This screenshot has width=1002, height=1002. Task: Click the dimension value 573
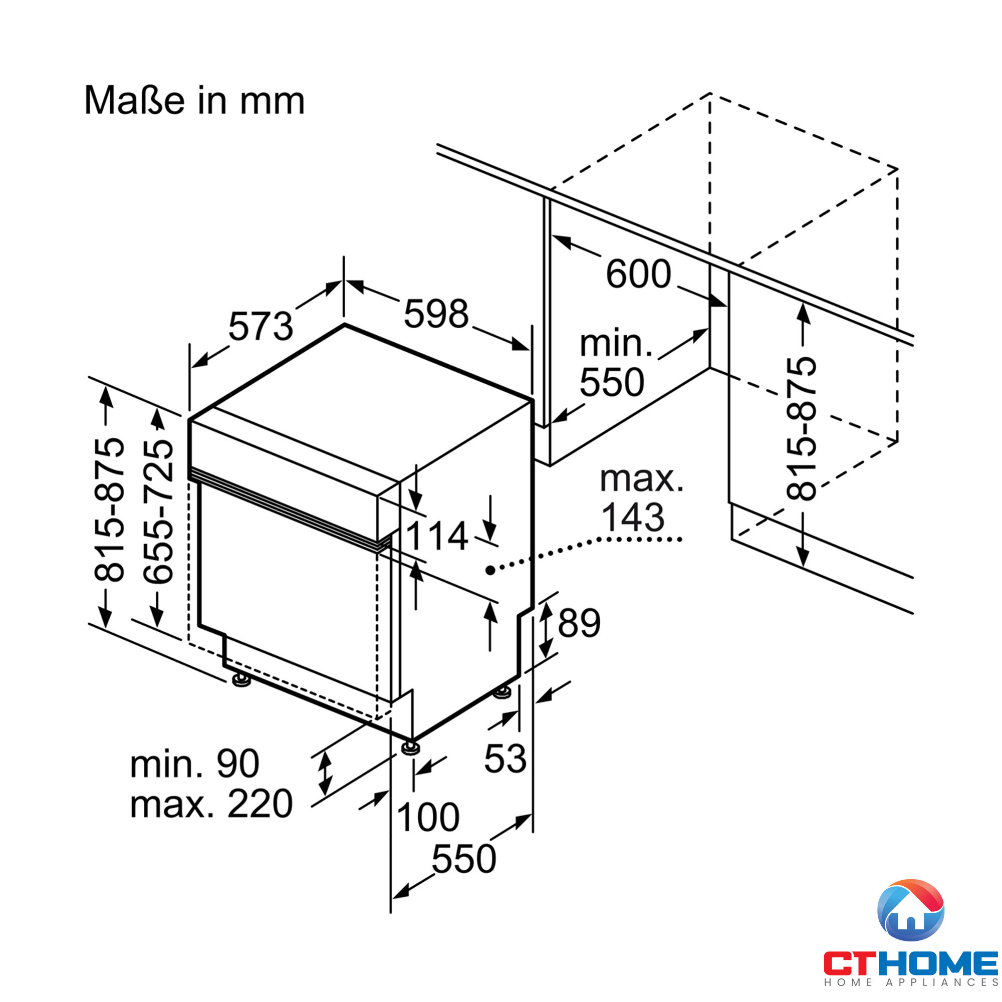coord(261,327)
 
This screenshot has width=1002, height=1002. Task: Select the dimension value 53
coord(505,759)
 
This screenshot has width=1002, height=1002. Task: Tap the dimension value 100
coord(428,817)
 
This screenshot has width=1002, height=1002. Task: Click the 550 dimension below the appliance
coord(463,859)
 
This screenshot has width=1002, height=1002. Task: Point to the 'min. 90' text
coord(194,764)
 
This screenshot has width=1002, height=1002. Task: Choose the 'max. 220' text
coord(211,805)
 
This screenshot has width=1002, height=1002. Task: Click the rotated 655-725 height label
coord(158,512)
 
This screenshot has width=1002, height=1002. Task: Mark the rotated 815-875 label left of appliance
coord(109,510)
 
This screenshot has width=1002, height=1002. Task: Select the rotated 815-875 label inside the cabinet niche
coord(801,428)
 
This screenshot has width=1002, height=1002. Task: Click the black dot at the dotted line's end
coord(489,571)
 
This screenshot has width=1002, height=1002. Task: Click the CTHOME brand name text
coord(911,963)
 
